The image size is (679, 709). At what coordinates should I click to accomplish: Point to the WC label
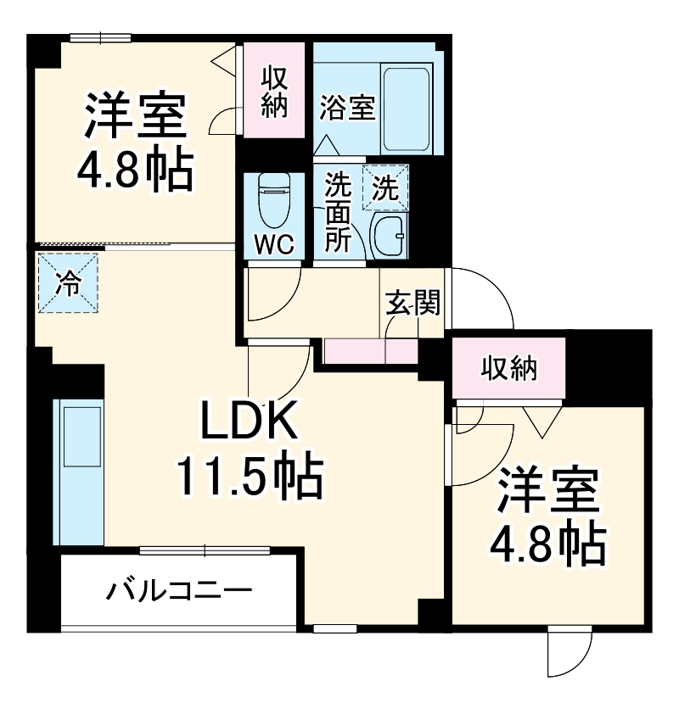coord(275,244)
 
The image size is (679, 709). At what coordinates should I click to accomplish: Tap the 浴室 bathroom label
coord(348,109)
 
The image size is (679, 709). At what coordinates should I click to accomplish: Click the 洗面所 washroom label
coord(339,212)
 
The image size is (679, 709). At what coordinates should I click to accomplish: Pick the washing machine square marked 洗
coord(385,188)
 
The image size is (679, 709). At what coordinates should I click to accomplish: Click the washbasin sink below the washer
coord(390,234)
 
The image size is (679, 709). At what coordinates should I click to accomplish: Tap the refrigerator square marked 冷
coord(67,283)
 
